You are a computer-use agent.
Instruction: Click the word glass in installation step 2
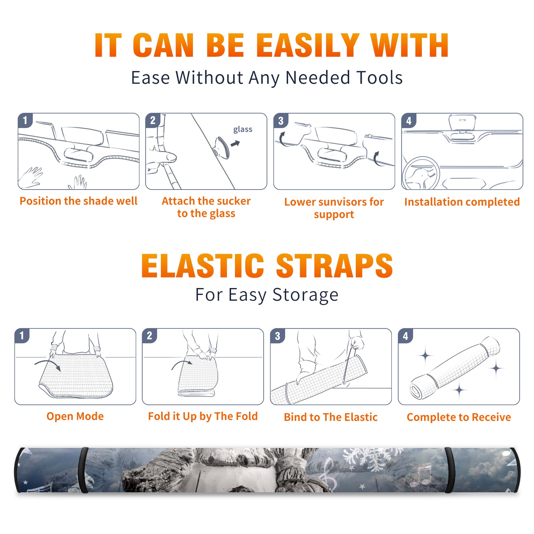point(243,129)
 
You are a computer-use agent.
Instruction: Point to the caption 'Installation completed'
point(462,202)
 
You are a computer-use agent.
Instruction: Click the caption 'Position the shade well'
point(78,201)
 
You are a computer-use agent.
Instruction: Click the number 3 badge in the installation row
point(281,120)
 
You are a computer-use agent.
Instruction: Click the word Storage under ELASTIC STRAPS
point(305,295)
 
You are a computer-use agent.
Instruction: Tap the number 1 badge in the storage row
point(22,335)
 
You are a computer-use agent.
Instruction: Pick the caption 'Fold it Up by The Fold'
point(203,416)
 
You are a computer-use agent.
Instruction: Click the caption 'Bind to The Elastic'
point(331,417)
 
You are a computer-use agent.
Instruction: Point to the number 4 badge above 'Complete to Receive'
point(406,336)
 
